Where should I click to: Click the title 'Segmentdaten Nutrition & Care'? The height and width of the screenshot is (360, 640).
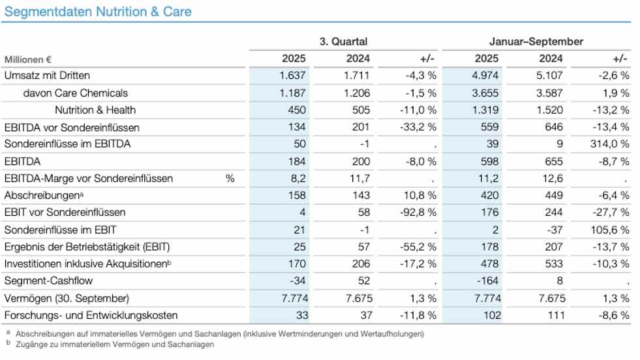click(x=98, y=12)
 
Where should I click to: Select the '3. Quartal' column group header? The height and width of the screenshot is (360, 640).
click(x=343, y=42)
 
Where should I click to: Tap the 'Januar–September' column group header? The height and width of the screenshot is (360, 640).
click(x=536, y=42)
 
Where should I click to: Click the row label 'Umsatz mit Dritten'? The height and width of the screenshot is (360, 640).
click(x=47, y=76)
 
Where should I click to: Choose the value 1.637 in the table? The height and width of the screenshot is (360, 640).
click(x=292, y=76)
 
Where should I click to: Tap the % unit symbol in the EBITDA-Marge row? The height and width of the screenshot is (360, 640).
click(x=230, y=178)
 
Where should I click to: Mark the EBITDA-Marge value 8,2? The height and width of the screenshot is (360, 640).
click(x=297, y=178)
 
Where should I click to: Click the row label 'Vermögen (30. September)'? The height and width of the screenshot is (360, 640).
click(x=67, y=298)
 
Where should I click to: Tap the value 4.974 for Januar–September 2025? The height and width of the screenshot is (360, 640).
click(x=485, y=76)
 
